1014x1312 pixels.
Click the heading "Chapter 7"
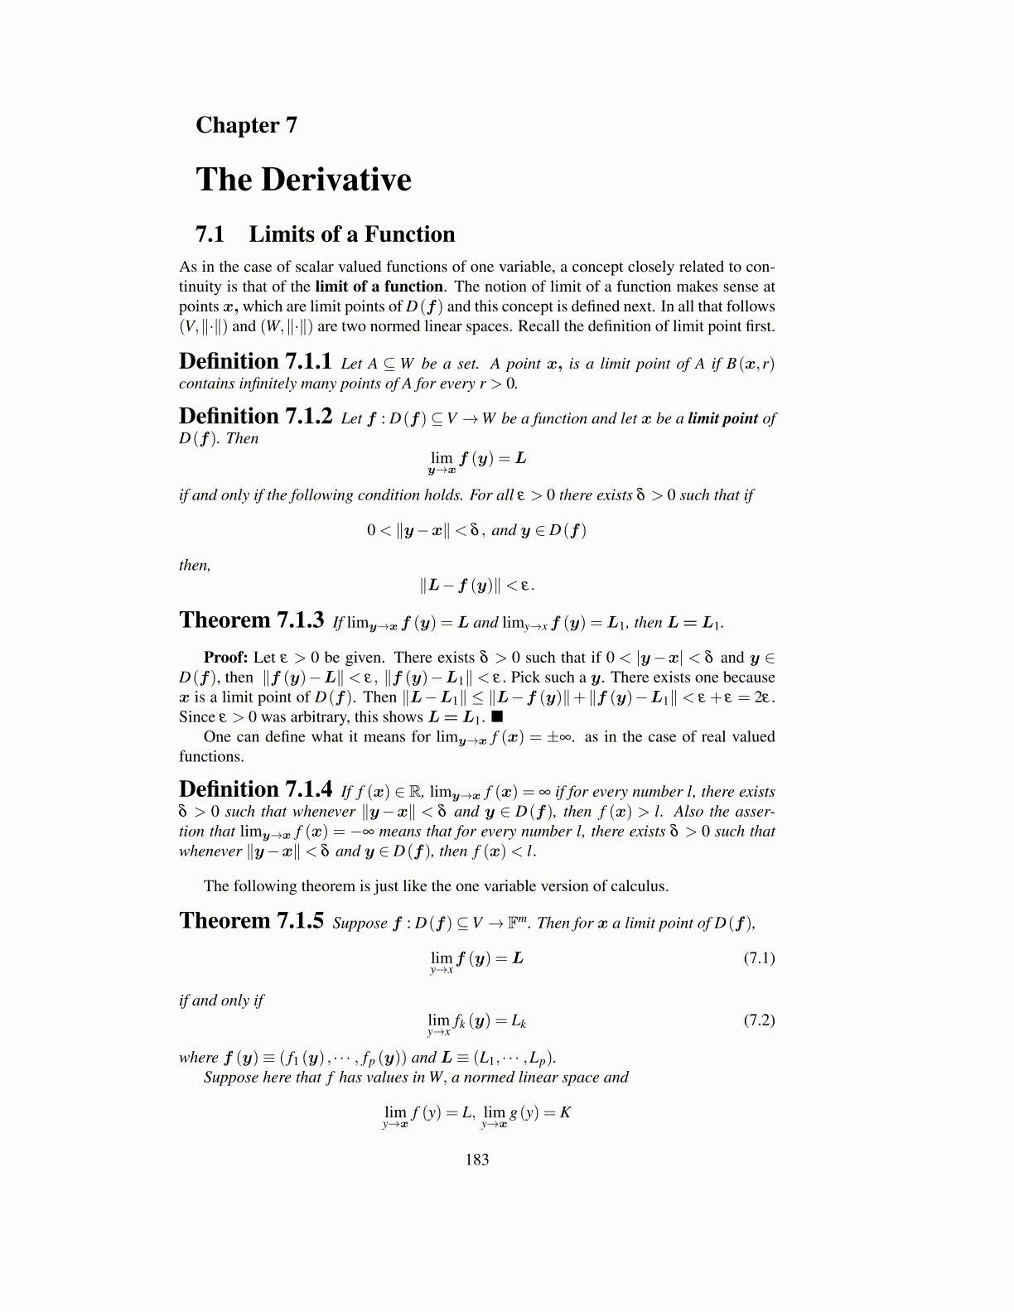246,125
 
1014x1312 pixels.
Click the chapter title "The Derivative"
303,180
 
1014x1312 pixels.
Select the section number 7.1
210,234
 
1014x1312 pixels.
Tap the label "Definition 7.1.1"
255,362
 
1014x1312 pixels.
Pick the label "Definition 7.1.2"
255,417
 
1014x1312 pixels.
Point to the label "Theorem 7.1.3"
251,620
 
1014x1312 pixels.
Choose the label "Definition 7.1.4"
255,789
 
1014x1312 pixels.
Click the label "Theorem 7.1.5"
251,921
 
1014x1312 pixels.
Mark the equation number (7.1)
759,958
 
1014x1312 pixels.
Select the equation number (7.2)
759,1020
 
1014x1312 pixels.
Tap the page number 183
477,1160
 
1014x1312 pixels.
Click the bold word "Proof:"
225,658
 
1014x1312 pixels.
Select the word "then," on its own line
195,566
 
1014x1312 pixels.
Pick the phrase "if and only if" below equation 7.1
221,1001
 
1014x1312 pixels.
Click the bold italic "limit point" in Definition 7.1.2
722,418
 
